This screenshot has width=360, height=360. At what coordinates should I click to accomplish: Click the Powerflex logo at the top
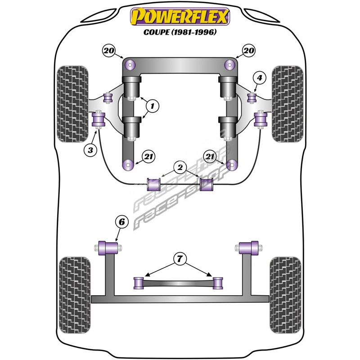click(180, 17)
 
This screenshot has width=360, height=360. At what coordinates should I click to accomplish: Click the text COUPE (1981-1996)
click(180, 32)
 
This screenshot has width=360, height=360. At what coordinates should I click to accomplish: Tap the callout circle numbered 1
click(153, 106)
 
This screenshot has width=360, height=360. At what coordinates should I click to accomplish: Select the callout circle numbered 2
click(180, 167)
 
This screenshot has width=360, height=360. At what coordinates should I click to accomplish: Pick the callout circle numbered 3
click(90, 150)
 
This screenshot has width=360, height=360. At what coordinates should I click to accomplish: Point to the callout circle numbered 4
click(260, 78)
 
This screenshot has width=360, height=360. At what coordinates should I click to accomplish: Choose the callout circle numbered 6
click(121, 222)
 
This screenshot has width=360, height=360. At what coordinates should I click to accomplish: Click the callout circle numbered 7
click(180, 259)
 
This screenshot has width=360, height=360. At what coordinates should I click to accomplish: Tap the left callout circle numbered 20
click(109, 50)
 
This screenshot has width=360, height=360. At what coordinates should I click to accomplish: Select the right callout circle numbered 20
click(249, 50)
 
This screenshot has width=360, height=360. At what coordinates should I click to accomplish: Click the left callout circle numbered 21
click(148, 157)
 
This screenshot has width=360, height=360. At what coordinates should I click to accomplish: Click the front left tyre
click(72, 104)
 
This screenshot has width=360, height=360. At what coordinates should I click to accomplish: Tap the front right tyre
click(288, 104)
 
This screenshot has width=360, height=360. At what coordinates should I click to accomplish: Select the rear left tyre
click(75, 295)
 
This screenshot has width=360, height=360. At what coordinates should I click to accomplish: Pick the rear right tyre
click(285, 295)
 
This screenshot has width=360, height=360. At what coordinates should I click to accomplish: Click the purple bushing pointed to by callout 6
click(108, 248)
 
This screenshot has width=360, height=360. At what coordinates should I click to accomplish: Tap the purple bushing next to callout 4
click(252, 98)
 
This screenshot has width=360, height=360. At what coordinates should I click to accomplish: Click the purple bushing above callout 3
click(98, 119)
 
